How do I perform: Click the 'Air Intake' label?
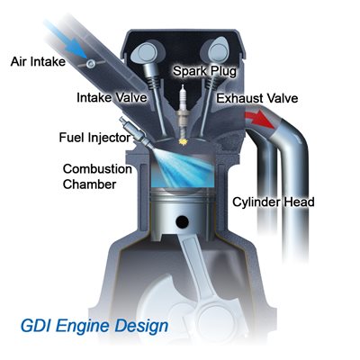(38, 62)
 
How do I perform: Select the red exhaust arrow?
(260, 120)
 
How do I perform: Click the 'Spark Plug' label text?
(205, 71)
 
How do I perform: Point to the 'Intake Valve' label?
(112, 97)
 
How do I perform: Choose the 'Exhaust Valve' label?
(257, 98)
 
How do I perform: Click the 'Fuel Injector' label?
(94, 138)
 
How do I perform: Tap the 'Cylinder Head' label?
(274, 202)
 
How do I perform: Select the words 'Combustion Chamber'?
(97, 176)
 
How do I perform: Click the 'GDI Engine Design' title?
(94, 326)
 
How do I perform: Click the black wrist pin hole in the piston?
(182, 221)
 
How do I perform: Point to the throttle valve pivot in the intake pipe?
(91, 63)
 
